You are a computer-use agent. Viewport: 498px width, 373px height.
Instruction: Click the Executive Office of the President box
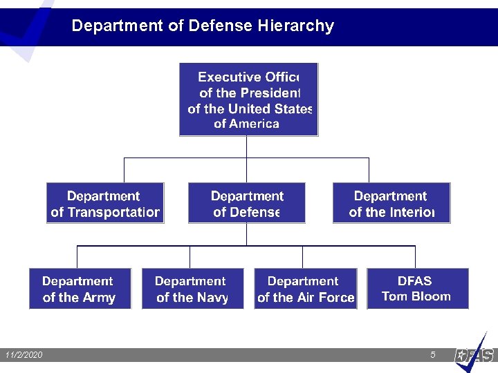tap(248, 99)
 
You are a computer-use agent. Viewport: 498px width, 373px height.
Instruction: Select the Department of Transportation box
tap(105, 203)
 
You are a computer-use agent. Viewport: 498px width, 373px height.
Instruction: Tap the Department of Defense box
tap(246, 203)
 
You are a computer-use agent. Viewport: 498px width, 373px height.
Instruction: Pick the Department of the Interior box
tap(391, 203)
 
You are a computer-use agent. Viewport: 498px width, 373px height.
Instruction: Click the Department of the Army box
tap(80, 289)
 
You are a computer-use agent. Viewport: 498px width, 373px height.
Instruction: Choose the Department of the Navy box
tap(192, 289)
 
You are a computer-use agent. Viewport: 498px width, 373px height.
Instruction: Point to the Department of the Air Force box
tap(306, 289)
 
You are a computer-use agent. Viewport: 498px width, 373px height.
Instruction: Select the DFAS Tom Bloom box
tap(417, 289)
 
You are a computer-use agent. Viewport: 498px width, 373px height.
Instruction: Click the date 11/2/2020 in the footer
tap(24, 355)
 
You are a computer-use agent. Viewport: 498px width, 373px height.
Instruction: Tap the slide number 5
tap(433, 355)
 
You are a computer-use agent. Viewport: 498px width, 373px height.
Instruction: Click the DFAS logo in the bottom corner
tap(475, 354)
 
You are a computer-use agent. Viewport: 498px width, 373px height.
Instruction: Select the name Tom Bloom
tap(416, 296)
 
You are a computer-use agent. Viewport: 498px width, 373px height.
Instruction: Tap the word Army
tap(98, 298)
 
